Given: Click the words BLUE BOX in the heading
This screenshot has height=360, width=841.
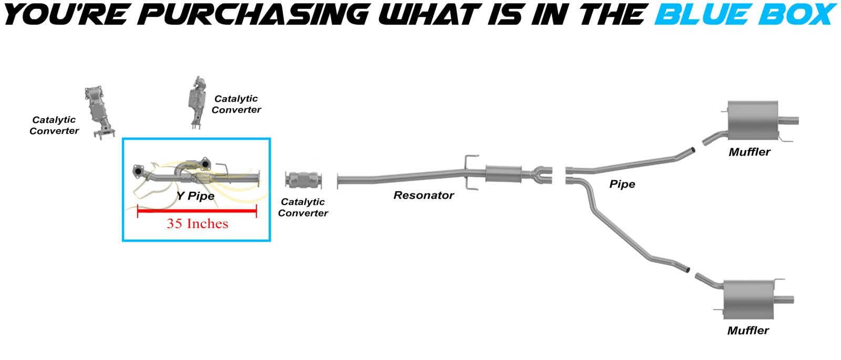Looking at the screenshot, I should (744, 14).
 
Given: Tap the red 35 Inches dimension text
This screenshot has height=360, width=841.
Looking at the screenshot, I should (198, 224).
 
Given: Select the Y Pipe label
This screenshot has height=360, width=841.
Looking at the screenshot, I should (196, 196).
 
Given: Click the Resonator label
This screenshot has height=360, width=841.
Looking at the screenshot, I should (424, 196).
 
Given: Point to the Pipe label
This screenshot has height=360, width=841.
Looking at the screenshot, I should (622, 184).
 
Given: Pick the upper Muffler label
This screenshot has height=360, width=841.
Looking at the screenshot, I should (750, 152).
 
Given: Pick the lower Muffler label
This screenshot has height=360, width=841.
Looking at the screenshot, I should (748, 331).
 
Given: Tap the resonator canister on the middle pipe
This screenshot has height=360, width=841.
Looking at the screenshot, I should (503, 174).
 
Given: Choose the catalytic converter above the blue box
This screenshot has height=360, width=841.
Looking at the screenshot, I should (197, 101).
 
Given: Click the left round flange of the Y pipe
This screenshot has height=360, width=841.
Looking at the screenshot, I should (138, 170).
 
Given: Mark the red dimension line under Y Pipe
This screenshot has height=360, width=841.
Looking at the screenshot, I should (197, 211).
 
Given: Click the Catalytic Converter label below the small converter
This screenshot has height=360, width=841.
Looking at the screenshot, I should (303, 208).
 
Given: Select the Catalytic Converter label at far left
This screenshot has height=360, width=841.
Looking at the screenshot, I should (54, 126).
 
